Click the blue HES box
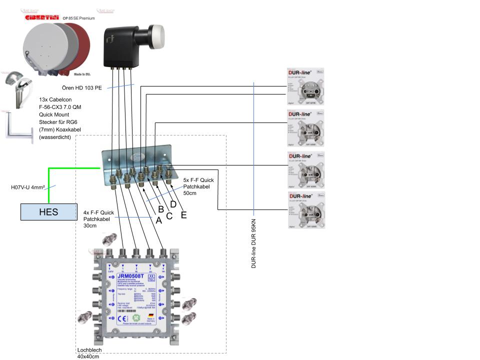[x=48, y=212]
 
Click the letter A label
[x=158, y=220]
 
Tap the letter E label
[x=183, y=215]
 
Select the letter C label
[x=169, y=216]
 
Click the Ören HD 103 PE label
[x=85, y=88]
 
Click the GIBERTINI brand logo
[x=41, y=18]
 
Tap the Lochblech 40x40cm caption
[x=89, y=353]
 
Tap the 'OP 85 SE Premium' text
[x=78, y=18]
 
